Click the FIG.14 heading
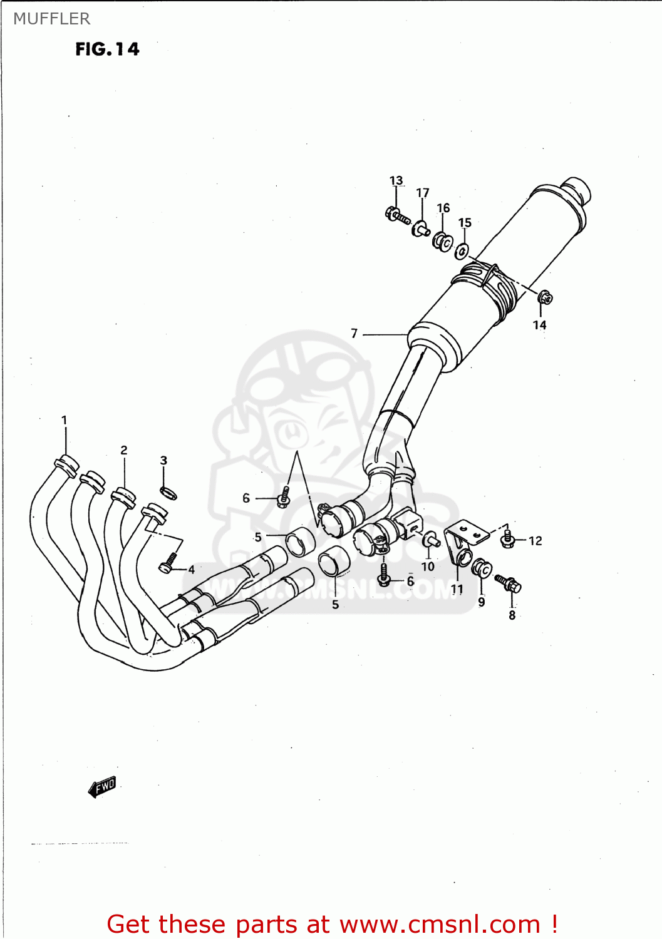(x=107, y=49)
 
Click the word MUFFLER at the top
(x=51, y=19)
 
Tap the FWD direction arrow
(x=102, y=787)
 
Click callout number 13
(x=396, y=181)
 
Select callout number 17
(x=423, y=193)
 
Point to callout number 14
(x=539, y=325)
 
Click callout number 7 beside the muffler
(x=354, y=334)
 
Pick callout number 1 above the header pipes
(x=64, y=420)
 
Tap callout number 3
(x=163, y=461)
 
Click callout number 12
(x=535, y=541)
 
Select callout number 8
(x=512, y=615)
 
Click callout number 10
(x=428, y=567)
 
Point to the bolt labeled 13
(x=397, y=216)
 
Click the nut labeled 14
(x=545, y=297)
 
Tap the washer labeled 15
(x=462, y=251)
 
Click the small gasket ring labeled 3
(x=168, y=493)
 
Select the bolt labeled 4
(x=168, y=563)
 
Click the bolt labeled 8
(x=509, y=583)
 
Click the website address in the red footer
(x=440, y=925)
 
